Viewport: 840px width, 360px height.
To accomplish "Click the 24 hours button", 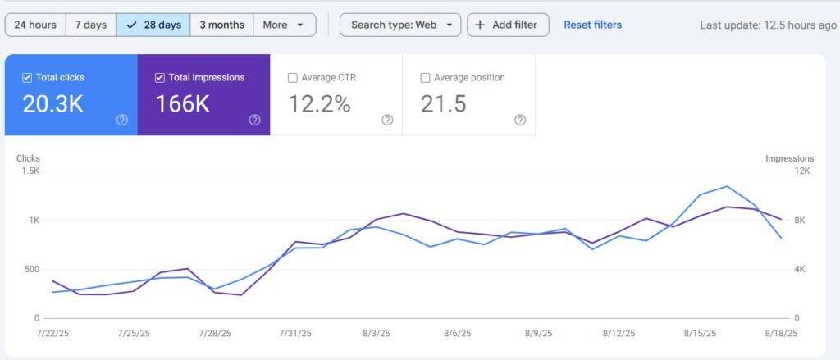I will click(35, 25).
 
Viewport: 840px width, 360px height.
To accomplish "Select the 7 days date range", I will click(90, 25).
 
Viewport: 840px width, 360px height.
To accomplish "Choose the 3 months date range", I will click(221, 25).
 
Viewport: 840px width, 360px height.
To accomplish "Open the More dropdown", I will click(284, 25).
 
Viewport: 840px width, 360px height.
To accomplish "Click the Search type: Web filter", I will click(400, 25).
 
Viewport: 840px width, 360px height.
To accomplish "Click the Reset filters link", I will click(592, 25).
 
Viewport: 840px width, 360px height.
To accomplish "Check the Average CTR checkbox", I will click(293, 78).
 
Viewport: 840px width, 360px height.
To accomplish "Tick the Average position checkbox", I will click(425, 78).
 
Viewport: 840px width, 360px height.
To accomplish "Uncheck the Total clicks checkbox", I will click(28, 78).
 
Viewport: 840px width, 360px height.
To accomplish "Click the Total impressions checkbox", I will click(160, 78).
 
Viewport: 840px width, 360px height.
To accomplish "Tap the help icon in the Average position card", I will click(520, 120).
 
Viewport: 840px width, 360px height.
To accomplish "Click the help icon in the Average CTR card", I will click(387, 120).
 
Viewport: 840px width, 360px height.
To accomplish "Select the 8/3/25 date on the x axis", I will click(377, 334).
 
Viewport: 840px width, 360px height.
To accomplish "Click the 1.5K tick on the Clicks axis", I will click(30, 171).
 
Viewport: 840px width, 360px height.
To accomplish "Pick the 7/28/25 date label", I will click(214, 334).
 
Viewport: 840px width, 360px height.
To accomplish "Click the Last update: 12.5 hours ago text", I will click(768, 25).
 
